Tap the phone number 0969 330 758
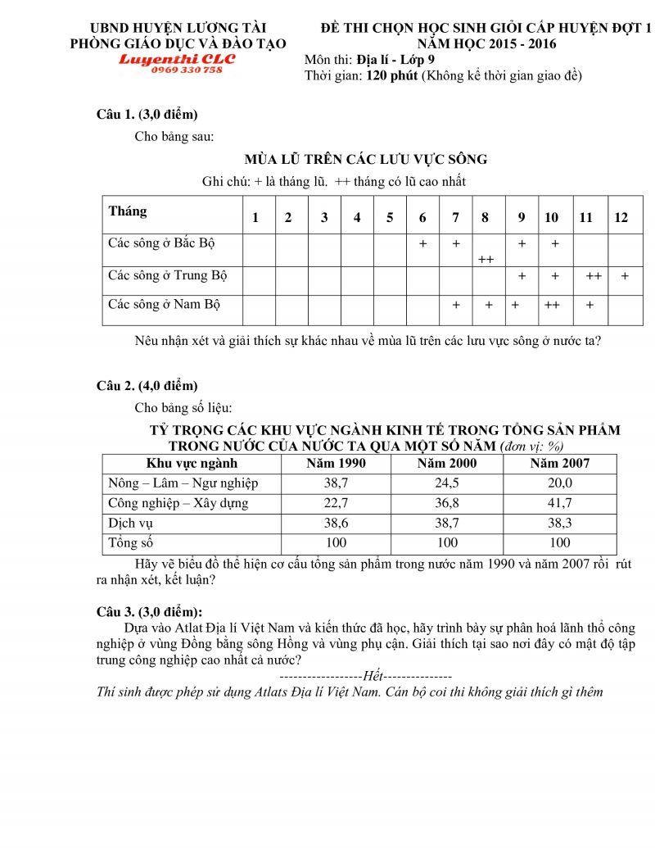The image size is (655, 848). (x=187, y=70)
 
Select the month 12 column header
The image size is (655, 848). (x=621, y=217)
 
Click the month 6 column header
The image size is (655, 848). (x=422, y=217)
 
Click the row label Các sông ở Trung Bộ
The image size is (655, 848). (x=168, y=275)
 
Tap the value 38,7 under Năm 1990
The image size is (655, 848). (x=336, y=483)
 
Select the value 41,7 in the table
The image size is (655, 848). (x=560, y=503)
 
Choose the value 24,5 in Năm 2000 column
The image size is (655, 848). (x=447, y=483)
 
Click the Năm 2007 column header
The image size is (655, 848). (x=560, y=464)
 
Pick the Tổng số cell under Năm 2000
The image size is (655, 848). (x=447, y=542)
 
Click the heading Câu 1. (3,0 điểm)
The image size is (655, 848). (x=147, y=114)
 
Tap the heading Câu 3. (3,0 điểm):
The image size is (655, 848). (x=150, y=611)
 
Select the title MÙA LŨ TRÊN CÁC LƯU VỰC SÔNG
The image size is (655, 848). (x=365, y=159)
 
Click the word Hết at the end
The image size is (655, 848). (x=373, y=677)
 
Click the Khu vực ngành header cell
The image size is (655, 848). (x=191, y=464)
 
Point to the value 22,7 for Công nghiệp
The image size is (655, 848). (x=336, y=503)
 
